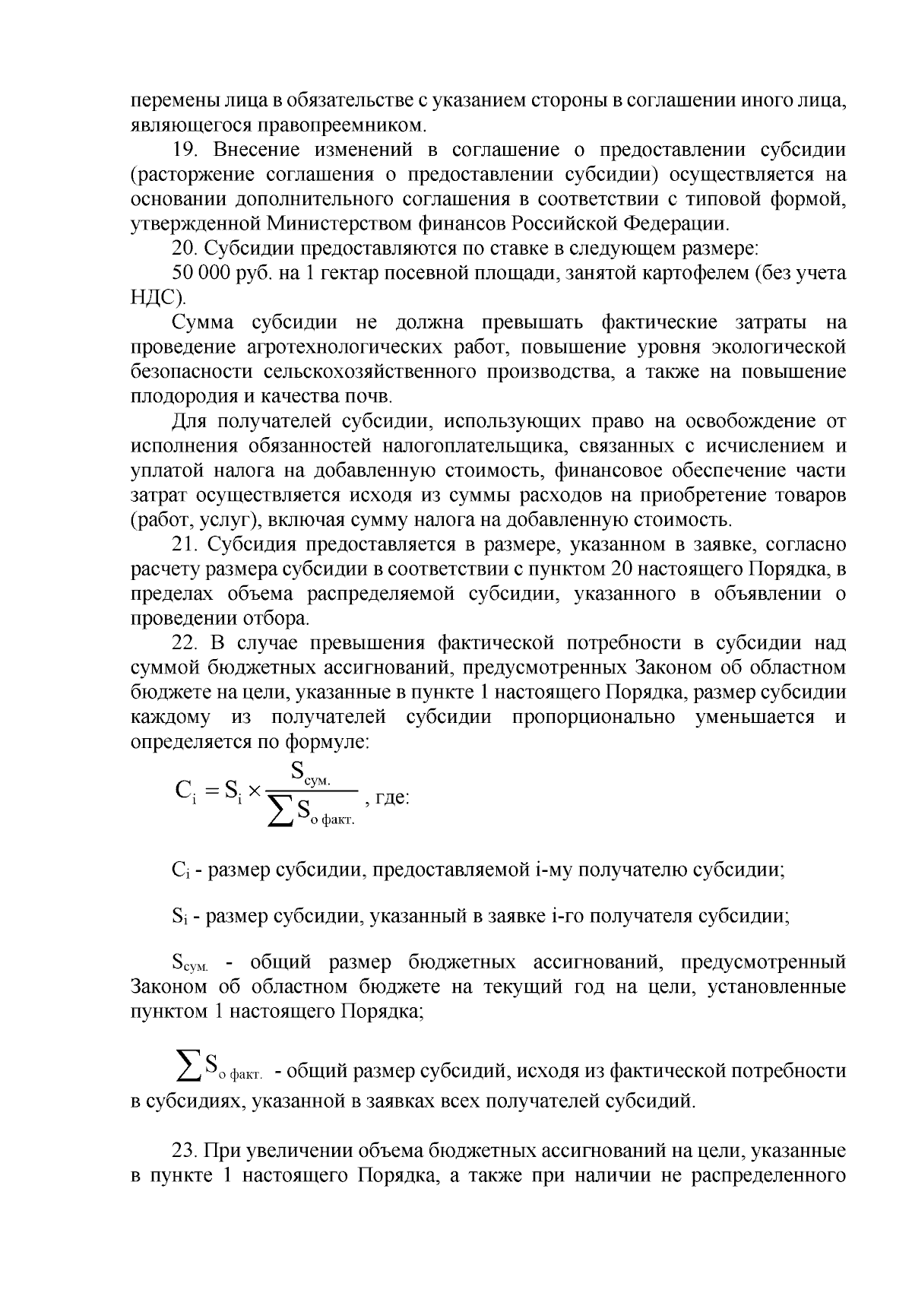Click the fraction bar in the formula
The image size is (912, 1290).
point(312,791)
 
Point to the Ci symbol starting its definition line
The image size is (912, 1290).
point(179,870)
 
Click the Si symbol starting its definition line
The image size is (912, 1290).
point(179,916)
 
